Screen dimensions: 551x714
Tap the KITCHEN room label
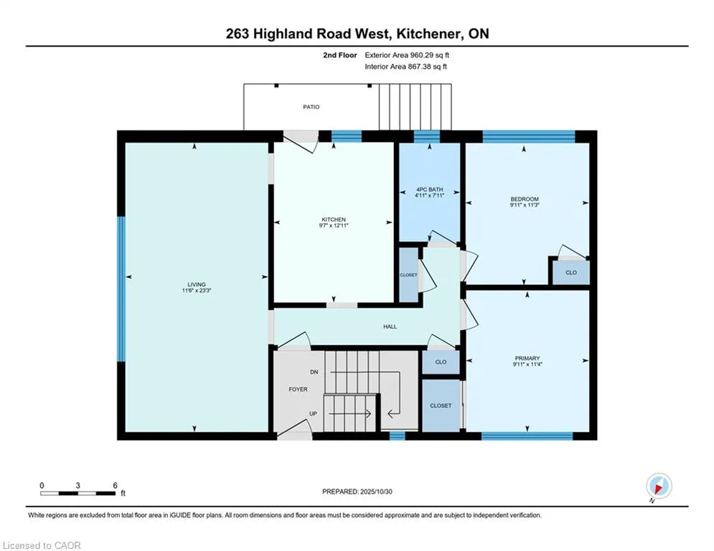[x=334, y=220]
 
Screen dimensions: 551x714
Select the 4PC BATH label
[x=429, y=189]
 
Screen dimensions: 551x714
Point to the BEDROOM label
[x=524, y=199]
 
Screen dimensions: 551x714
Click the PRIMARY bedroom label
[x=527, y=358]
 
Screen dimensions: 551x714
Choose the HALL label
[x=390, y=326]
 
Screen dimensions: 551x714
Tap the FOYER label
[x=298, y=390]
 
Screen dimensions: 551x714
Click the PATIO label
[x=311, y=107]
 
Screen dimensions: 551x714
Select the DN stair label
[x=314, y=372]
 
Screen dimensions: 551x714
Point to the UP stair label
[x=313, y=414]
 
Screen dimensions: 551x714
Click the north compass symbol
[x=658, y=486]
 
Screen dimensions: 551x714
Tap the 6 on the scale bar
[x=115, y=485]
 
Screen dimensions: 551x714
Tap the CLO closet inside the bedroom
[x=571, y=273]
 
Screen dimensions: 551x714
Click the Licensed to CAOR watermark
[x=42, y=545]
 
